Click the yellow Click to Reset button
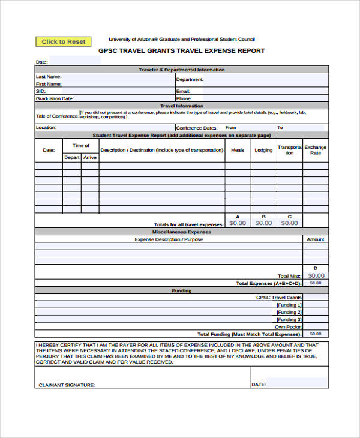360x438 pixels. (64, 41)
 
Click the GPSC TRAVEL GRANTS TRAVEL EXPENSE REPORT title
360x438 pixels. (181, 51)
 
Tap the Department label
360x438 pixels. (190, 79)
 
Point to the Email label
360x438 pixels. (183, 91)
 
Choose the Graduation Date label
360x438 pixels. (55, 98)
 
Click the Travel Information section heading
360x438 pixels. (182, 106)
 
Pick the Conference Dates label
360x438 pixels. (197, 128)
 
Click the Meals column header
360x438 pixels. (238, 150)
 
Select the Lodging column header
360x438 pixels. (263, 150)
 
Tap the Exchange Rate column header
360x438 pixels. (315, 149)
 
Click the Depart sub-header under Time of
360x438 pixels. (72, 157)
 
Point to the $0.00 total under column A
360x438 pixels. (238, 223)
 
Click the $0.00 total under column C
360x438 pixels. (289, 223)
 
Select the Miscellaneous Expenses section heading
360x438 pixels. (182, 232)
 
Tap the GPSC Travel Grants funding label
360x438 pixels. (279, 298)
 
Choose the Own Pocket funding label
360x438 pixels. (288, 327)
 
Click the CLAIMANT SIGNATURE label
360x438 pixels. (67, 385)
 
